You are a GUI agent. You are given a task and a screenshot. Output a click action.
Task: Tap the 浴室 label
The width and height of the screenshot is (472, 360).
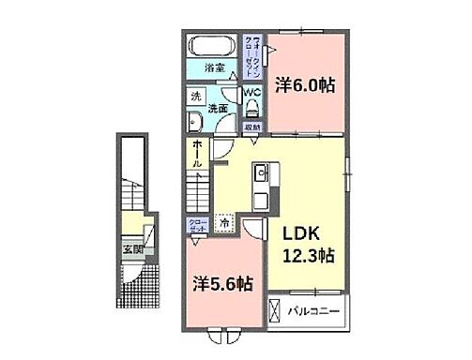pyautogui.click(x=215, y=67)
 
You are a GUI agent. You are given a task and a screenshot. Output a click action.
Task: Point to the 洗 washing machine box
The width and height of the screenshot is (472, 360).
pyautogui.click(x=196, y=96)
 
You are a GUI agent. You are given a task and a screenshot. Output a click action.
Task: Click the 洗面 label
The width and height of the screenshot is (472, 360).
pyautogui.click(x=218, y=109)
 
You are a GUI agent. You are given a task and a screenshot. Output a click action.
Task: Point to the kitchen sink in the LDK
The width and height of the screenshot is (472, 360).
pyautogui.click(x=261, y=174)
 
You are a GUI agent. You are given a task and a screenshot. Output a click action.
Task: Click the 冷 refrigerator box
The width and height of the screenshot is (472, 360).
pyautogui.click(x=224, y=224)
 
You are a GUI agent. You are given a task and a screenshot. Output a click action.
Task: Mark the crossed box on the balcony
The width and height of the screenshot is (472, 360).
pyautogui.click(x=275, y=308)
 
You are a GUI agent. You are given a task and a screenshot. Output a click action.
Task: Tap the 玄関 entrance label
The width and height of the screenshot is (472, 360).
pyautogui.click(x=132, y=249)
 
